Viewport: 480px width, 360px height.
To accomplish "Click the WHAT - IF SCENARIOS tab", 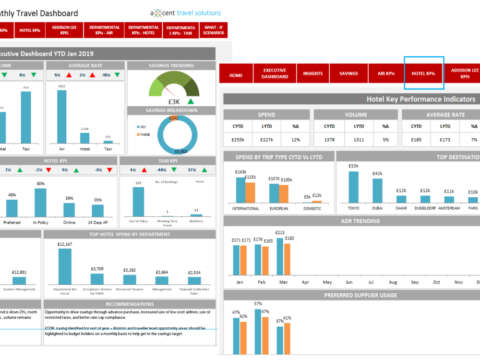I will tap(214, 30).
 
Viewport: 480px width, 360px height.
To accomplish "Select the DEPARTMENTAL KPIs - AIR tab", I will tap(104, 30).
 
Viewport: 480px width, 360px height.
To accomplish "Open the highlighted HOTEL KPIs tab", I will tap(423, 73).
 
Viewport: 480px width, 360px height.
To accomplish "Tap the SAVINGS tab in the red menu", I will tap(348, 73).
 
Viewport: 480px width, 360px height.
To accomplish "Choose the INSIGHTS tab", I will tap(313, 73).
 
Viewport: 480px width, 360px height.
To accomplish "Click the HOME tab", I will tap(236, 75).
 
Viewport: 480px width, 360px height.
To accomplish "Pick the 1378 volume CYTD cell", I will tap(329, 140).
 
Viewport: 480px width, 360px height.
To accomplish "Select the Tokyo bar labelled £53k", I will tap(353, 187).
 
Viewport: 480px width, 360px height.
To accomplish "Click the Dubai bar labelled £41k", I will tap(377, 191).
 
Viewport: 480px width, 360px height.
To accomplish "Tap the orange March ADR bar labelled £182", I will tap(287, 259).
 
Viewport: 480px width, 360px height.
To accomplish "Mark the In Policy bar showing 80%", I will tap(40, 203).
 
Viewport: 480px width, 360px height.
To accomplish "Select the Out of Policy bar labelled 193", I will tap(138, 202).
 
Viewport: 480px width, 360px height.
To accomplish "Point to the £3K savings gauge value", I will tap(174, 101).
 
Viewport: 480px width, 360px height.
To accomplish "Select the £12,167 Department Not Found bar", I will tap(64, 266).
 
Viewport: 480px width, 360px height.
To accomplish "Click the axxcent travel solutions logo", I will tap(185, 13).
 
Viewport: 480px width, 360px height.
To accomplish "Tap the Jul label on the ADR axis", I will tap(371, 282).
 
